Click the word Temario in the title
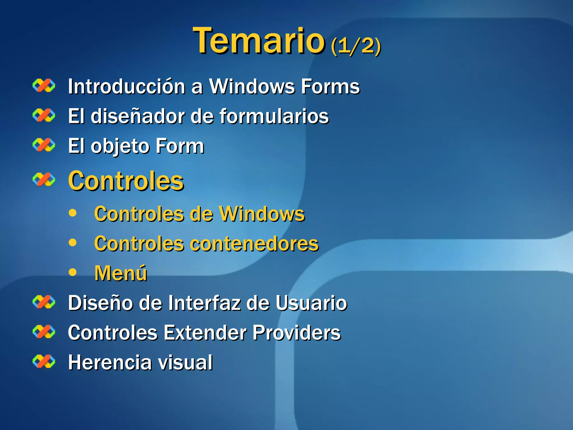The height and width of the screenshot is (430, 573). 259,41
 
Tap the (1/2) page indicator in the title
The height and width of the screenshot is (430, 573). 356,46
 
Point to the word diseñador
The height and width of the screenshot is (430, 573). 137,116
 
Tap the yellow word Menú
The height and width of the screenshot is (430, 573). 121,273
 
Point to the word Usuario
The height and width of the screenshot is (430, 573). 311,303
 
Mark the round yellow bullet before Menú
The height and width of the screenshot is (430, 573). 72,272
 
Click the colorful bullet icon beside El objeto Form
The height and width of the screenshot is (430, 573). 44,145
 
